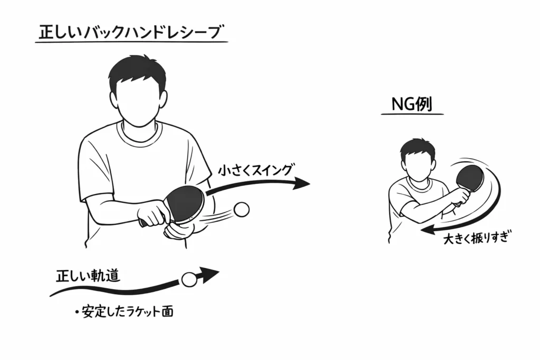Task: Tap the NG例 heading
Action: click(x=412, y=104)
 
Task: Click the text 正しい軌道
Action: click(x=88, y=276)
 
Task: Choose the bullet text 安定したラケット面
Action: click(x=127, y=312)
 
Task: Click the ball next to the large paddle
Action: click(x=242, y=209)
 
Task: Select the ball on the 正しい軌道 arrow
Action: click(x=188, y=279)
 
